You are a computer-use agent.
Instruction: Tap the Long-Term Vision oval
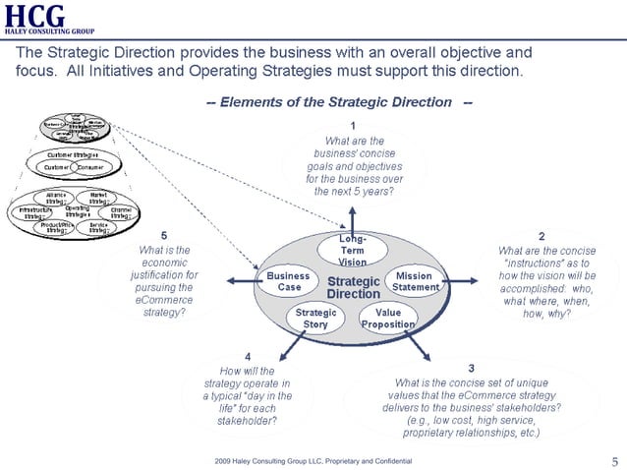pyautogui.click(x=352, y=250)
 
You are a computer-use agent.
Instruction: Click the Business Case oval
pyautogui.click(x=289, y=282)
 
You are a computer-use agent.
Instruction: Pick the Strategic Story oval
pyautogui.click(x=315, y=318)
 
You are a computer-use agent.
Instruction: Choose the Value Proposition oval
pyautogui.click(x=387, y=318)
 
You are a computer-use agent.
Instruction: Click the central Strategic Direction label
pyautogui.click(x=352, y=287)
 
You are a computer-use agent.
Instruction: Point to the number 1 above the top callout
pyautogui.click(x=353, y=124)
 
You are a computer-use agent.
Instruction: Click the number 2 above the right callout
pyautogui.click(x=541, y=236)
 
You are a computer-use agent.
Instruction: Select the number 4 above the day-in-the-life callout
pyautogui.click(x=247, y=355)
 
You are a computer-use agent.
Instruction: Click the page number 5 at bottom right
pyautogui.click(x=614, y=461)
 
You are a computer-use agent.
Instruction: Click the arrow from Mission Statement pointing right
pyautogui.click(x=468, y=281)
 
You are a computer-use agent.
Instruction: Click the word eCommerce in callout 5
pyautogui.click(x=164, y=299)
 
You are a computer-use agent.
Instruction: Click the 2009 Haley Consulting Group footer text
pyautogui.click(x=313, y=461)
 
